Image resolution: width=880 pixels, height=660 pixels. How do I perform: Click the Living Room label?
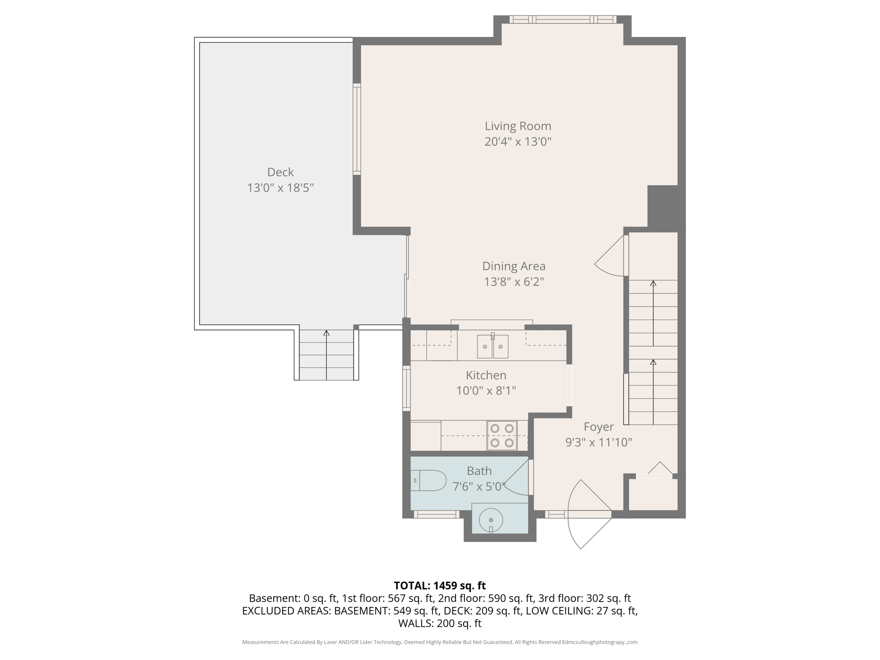518,126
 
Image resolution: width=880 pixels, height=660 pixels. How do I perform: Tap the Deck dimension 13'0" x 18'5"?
280,188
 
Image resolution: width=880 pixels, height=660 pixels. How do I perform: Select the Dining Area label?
513,266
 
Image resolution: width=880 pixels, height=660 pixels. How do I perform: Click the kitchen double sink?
492,346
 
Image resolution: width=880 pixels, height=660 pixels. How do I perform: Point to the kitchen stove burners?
502,435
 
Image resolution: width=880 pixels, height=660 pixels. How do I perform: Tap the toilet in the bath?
430,480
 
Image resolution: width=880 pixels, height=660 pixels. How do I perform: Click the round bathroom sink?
491,520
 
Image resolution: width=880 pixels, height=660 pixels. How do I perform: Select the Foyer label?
598,427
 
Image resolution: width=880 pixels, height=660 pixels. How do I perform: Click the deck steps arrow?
326,355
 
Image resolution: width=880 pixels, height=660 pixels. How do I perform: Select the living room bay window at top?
562,19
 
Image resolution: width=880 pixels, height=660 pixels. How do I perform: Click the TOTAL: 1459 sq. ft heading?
440,585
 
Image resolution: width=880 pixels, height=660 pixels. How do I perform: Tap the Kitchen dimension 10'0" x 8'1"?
486,391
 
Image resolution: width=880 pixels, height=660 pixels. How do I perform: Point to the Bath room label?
479,471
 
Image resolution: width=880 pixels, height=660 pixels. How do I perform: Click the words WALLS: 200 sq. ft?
440,623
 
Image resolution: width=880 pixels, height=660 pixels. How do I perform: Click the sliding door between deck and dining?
406,277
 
